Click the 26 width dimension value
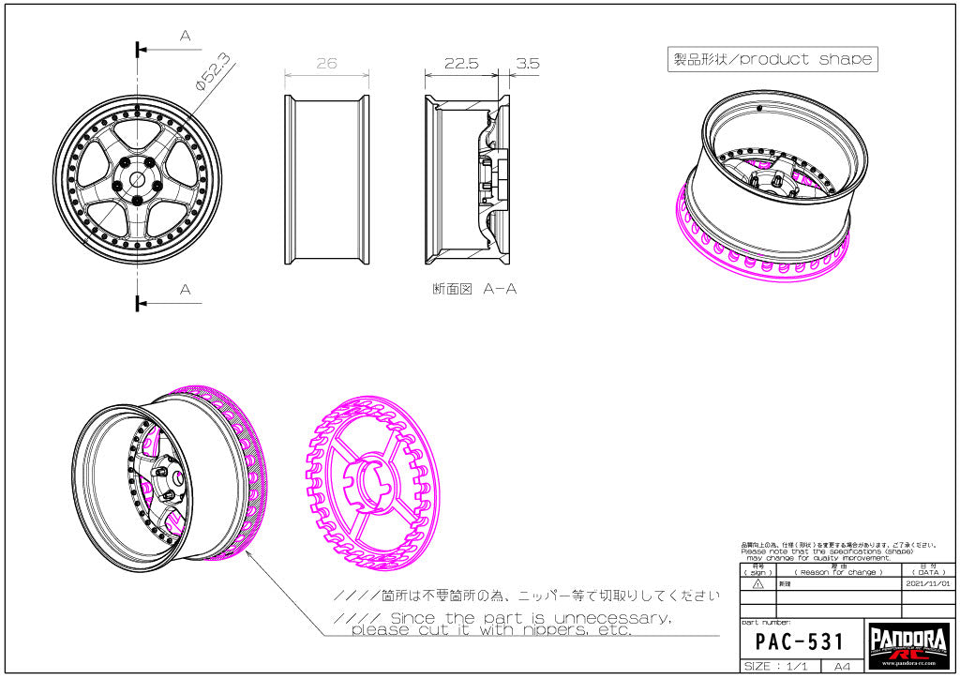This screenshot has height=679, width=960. click(326, 64)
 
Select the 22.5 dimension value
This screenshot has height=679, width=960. click(461, 64)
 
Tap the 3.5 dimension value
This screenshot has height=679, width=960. click(527, 64)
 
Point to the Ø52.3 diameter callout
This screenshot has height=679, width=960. click(212, 72)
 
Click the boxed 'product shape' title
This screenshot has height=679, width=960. click(772, 59)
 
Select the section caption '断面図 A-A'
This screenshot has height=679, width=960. click(474, 289)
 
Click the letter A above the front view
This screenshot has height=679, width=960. click(185, 36)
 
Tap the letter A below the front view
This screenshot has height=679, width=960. click(185, 290)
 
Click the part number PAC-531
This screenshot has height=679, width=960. click(800, 642)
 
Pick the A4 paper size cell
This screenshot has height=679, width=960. click(841, 666)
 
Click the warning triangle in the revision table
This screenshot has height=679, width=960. click(757, 583)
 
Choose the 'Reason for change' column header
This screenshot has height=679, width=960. click(837, 572)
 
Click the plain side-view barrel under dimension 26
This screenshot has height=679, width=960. click(326, 181)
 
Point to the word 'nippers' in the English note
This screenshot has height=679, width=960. click(556, 630)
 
